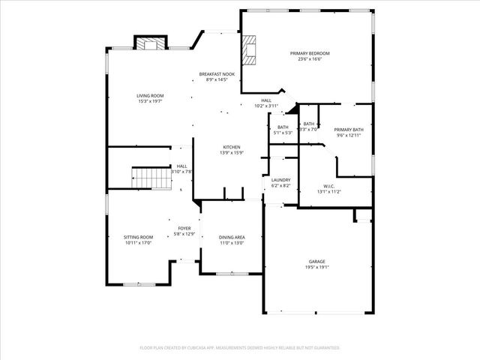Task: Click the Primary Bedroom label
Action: pyautogui.click(x=310, y=53)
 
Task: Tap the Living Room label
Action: pyautogui.click(x=150, y=95)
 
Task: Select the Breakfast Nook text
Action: pyautogui.click(x=217, y=74)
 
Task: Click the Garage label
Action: pyautogui.click(x=316, y=262)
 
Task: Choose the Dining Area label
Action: pyautogui.click(x=232, y=237)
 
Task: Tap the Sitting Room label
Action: pyautogui.click(x=139, y=237)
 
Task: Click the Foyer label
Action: pyautogui.click(x=184, y=228)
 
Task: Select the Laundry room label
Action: pyautogui.click(x=280, y=180)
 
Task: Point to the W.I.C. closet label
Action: pyautogui.click(x=329, y=186)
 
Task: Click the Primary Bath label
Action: pyautogui.click(x=348, y=130)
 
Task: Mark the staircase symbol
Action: pyautogui.click(x=148, y=177)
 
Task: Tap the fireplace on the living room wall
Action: pyautogui.click(x=150, y=43)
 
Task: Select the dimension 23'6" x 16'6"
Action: pyautogui.click(x=310, y=59)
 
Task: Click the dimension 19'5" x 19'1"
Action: pyautogui.click(x=316, y=268)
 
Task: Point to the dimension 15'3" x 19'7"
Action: pyautogui.click(x=150, y=101)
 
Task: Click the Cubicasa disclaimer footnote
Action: pyautogui.click(x=240, y=348)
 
